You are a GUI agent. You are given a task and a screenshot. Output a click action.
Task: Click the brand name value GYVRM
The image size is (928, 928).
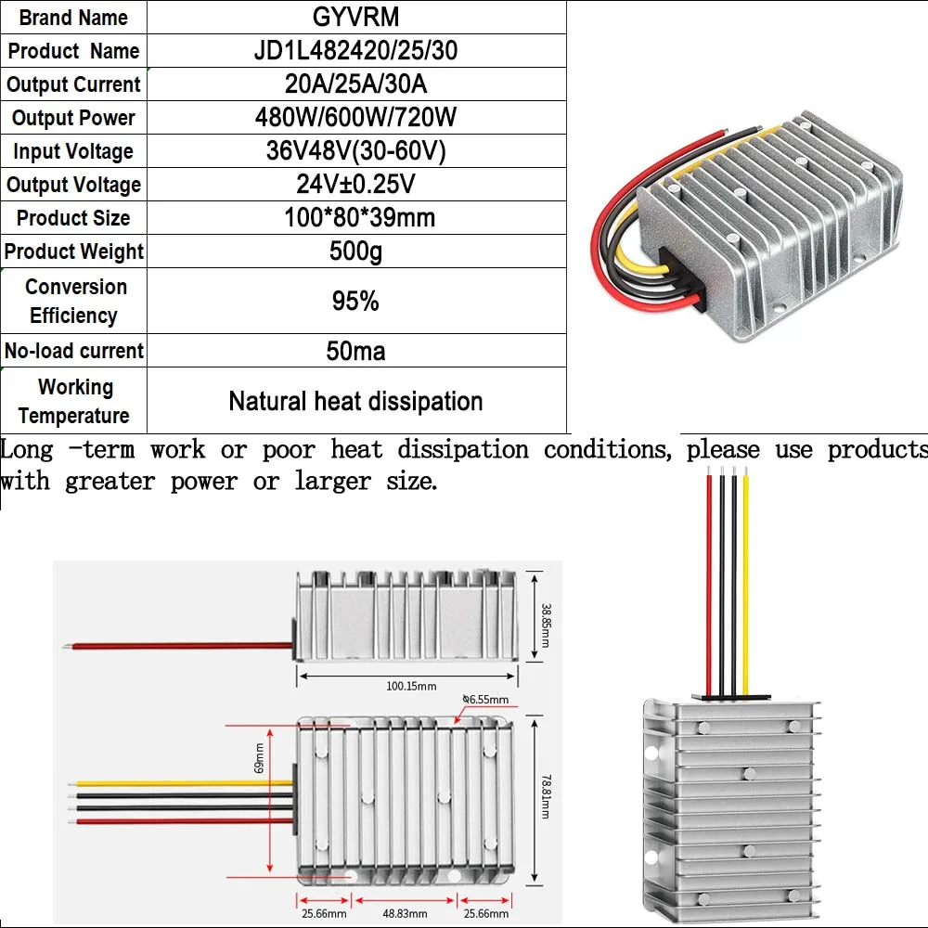click(355, 18)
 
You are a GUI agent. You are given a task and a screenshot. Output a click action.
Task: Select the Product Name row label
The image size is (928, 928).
click(73, 51)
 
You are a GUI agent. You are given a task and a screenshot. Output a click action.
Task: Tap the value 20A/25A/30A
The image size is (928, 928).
click(355, 84)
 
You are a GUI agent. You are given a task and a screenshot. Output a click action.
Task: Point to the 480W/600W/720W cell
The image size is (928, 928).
click(355, 118)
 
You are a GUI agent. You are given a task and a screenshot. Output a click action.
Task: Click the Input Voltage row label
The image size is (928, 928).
click(73, 151)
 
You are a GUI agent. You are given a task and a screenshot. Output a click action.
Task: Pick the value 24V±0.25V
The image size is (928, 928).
click(355, 184)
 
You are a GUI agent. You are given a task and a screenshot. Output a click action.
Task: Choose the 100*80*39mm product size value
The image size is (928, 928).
click(355, 218)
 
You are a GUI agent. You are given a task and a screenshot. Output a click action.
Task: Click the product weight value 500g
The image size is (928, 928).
click(355, 251)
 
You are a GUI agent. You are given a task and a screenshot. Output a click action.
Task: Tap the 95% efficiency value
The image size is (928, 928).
click(355, 301)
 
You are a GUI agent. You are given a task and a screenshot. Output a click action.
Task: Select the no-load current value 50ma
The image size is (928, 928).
click(355, 351)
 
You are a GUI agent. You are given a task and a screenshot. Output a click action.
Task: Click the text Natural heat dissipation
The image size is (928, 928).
click(355, 401)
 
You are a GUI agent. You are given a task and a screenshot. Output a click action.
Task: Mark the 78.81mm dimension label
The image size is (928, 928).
click(546, 797)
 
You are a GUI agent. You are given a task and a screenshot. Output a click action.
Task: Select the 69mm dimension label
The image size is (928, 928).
click(261, 756)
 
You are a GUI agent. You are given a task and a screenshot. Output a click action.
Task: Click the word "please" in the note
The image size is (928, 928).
click(723, 450)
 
